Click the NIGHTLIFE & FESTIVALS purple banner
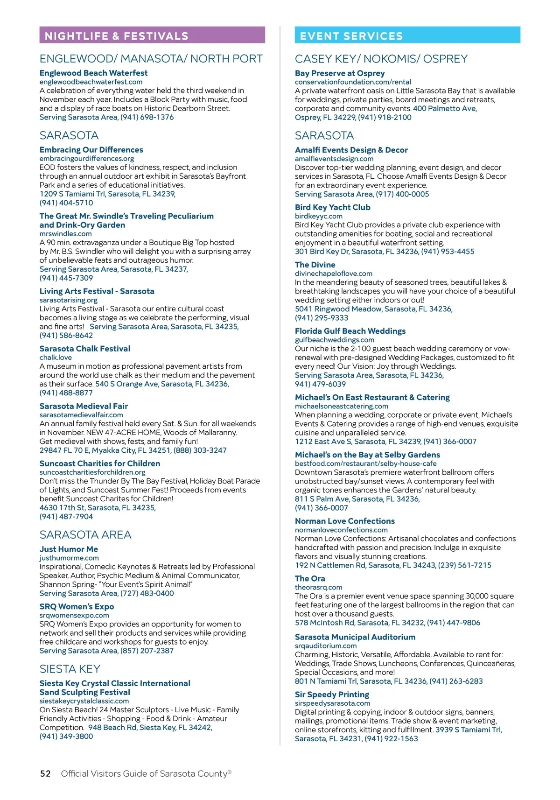[x=152, y=35]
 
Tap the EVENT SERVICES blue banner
[x=407, y=35]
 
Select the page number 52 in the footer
[x=45, y=773]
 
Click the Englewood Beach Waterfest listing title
[x=93, y=73]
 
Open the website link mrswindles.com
[x=65, y=233]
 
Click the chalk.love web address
[x=56, y=358]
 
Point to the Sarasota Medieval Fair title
[x=84, y=406]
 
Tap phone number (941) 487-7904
[x=66, y=517]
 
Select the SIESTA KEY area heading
[x=70, y=669]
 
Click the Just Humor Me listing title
[x=69, y=549]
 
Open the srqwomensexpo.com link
[x=74, y=615]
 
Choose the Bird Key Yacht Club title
[x=332, y=207]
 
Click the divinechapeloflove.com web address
[x=333, y=274]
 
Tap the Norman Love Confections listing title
[x=344, y=521]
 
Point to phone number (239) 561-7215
[x=462, y=565]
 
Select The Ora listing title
[x=310, y=578]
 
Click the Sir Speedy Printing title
[x=332, y=695]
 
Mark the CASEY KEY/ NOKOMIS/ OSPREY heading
[x=381, y=59]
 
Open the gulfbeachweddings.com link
[x=334, y=340]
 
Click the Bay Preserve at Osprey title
[x=340, y=73]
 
